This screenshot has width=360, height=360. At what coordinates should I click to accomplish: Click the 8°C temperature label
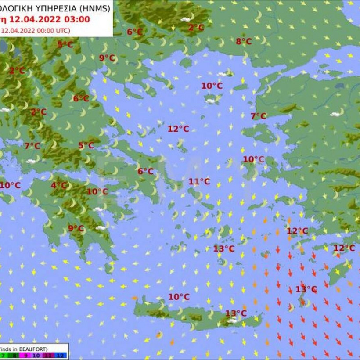click(244, 42)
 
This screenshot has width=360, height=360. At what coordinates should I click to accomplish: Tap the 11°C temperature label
click(199, 181)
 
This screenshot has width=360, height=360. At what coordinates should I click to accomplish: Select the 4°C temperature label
click(58, 185)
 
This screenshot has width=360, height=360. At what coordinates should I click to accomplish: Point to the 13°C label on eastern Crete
click(236, 313)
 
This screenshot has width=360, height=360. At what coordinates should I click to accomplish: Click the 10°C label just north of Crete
click(179, 297)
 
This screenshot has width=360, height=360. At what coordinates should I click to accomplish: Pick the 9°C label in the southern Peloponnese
click(76, 228)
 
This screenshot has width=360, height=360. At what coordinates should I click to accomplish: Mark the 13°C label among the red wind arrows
click(306, 289)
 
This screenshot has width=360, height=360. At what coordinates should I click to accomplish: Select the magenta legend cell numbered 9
click(25, 355)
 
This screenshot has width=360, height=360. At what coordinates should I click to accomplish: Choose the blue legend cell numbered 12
click(60, 355)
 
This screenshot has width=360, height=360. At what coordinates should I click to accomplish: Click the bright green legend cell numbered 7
click(4, 355)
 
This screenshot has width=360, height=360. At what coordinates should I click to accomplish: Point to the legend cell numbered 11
click(48, 355)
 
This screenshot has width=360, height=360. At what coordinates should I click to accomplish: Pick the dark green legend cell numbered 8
click(14, 355)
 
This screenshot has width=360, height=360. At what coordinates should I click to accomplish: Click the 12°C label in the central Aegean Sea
click(178, 129)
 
